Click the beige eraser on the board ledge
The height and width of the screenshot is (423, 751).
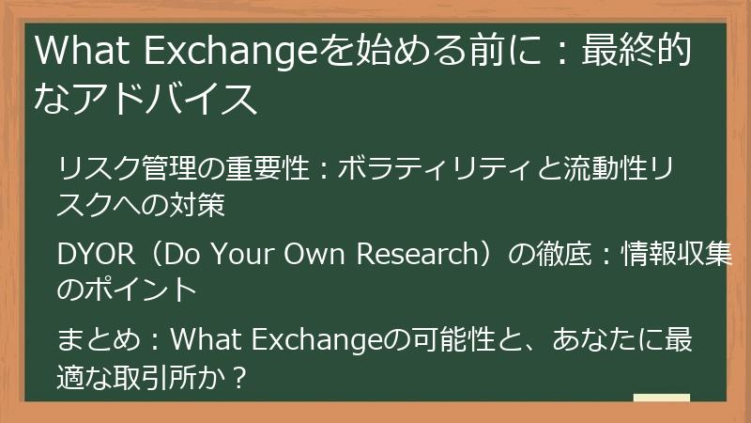tap(661, 398)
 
